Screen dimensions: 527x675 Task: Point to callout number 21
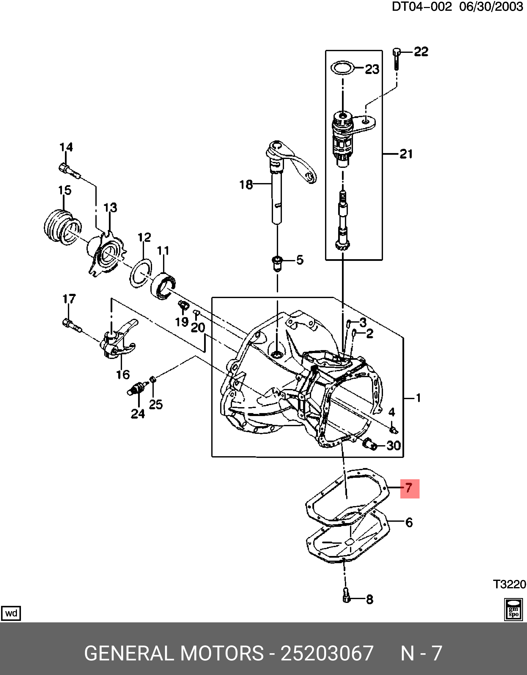[x=406, y=154]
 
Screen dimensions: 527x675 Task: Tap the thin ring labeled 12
[x=141, y=273]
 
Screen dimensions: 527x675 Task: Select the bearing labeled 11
[x=163, y=286]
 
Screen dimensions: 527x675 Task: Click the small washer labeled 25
[x=152, y=379]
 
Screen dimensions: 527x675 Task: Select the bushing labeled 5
[x=277, y=263]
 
